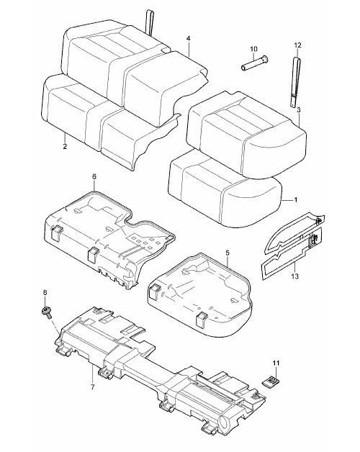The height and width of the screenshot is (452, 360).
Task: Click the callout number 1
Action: (x=295, y=199)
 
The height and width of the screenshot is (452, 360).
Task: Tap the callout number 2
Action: (x=65, y=146)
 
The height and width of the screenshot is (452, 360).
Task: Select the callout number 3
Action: (x=299, y=110)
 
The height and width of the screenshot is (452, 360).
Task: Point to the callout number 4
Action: (x=189, y=38)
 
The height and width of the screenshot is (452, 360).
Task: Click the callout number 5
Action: (x=228, y=253)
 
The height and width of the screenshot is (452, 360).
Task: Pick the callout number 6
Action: (x=94, y=176)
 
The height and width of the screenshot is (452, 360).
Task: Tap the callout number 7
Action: (x=93, y=387)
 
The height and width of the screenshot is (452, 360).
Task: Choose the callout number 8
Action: (x=45, y=292)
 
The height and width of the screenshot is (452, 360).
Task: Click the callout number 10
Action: (x=253, y=49)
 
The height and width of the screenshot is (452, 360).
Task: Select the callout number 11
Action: (x=276, y=363)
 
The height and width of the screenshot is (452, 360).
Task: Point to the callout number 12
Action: (x=297, y=45)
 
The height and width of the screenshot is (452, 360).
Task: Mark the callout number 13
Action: (x=294, y=276)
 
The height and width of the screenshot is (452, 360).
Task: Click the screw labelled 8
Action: (x=46, y=312)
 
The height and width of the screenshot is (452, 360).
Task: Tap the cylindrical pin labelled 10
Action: (x=254, y=63)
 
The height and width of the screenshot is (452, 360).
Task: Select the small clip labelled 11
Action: (x=271, y=381)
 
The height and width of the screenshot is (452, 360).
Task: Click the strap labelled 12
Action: (x=294, y=82)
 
